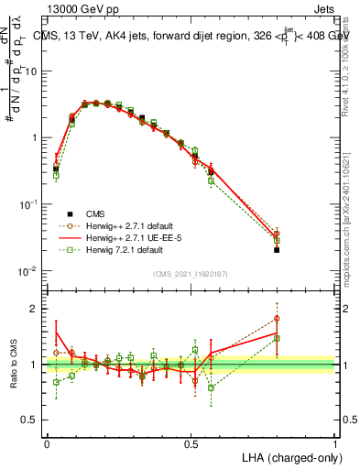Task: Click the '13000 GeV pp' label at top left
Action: [79, 8]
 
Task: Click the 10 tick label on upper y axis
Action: [31, 71]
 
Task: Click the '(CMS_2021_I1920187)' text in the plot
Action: [190, 273]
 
